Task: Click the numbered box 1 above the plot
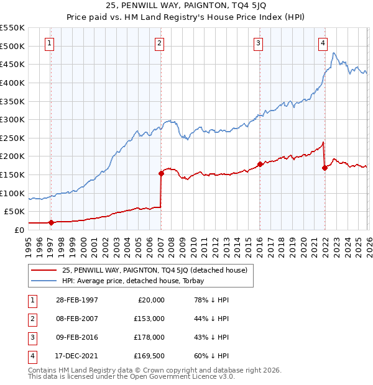click(x=49, y=43)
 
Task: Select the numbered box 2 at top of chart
click(x=160, y=43)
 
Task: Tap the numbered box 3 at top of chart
click(x=258, y=43)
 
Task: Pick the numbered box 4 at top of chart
click(x=323, y=43)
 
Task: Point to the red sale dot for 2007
click(x=161, y=174)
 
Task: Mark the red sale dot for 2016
click(x=259, y=165)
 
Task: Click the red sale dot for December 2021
click(x=325, y=168)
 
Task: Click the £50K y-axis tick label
click(x=14, y=212)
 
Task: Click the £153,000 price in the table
click(x=149, y=319)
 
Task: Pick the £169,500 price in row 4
click(x=149, y=356)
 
